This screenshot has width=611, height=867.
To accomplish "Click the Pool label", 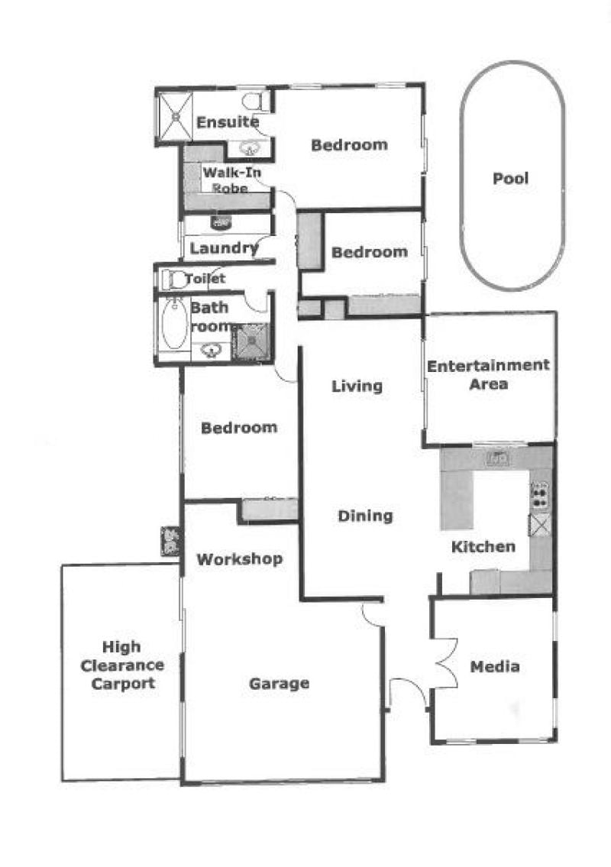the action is tap(510, 179).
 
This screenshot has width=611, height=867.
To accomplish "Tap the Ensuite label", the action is tap(228, 121).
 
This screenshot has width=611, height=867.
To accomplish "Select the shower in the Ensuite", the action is tap(176, 117).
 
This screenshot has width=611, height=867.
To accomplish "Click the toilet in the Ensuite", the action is tap(255, 101).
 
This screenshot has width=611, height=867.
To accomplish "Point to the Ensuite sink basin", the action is tap(251, 148).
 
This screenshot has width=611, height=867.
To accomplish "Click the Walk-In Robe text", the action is tap(231, 180).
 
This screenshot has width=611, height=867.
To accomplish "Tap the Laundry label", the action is tap(224, 248).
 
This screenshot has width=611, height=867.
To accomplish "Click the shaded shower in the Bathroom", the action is tap(251, 342).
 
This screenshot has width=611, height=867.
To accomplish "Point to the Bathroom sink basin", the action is tap(211, 350).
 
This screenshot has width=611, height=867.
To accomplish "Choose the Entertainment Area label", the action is tap(488, 374).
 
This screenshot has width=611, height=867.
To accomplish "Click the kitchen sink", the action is tap(498, 458).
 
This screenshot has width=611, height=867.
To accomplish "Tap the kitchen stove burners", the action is tap(539, 496).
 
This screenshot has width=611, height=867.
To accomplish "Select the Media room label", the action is tap(495, 666).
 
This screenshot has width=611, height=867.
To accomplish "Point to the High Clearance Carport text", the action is tap(122, 665).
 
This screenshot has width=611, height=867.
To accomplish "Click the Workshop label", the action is tap(239, 559).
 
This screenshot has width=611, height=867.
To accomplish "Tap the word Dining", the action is tap(365, 516).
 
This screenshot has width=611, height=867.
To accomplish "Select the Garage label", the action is tap(280, 684).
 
